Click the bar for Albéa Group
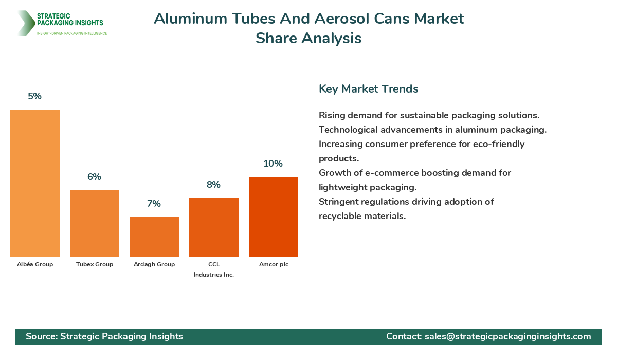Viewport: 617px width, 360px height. (35, 183)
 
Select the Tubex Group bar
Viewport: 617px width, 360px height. (95, 224)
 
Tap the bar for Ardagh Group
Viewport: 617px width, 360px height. (154, 237)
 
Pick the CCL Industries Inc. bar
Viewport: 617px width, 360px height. (214, 227)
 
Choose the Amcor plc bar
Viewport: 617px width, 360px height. (274, 217)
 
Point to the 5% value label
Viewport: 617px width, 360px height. (35, 96)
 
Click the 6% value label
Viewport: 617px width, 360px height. (95, 177)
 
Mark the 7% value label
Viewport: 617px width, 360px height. (154, 204)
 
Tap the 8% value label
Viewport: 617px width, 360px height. (214, 185)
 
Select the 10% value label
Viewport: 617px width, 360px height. (274, 164)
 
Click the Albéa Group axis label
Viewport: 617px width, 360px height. (35, 264)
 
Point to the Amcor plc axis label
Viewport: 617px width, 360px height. (274, 264)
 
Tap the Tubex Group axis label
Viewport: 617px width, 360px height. (95, 264)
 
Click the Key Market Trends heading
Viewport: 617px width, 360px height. (369, 88)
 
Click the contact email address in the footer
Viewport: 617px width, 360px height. (507, 336)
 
